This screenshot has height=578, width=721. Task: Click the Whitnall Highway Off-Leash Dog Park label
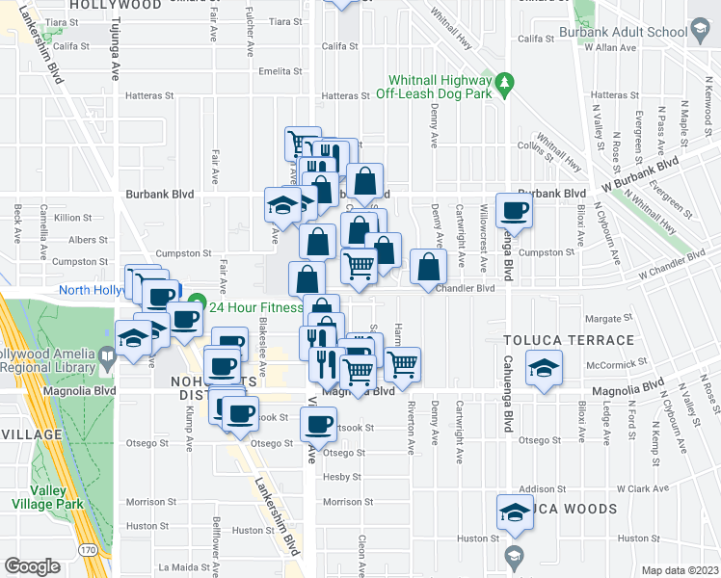[439, 88]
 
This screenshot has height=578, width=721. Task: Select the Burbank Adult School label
[640, 32]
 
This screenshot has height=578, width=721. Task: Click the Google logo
[32, 565]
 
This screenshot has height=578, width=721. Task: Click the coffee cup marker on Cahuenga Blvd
[514, 210]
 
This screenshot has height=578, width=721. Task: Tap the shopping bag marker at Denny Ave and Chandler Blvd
[429, 267]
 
